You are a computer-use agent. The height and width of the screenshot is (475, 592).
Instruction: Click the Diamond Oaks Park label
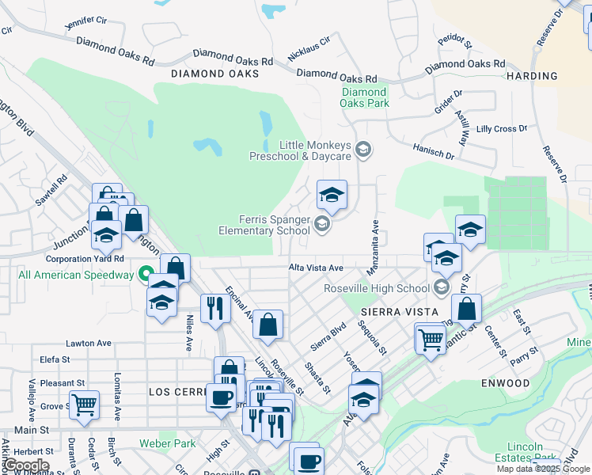click(x=365, y=97)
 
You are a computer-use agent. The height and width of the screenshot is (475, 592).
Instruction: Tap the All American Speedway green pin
click(x=146, y=275)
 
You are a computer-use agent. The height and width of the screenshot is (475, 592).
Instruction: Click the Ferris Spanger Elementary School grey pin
click(x=322, y=225)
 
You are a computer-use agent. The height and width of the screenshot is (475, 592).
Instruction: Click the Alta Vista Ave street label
click(x=315, y=268)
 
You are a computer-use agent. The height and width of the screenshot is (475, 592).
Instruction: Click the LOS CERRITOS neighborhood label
click(x=176, y=392)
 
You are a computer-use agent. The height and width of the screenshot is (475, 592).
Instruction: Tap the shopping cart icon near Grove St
click(x=84, y=405)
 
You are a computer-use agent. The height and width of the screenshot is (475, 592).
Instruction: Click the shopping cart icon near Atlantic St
click(x=431, y=340)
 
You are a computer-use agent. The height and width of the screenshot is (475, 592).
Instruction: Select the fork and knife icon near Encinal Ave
click(x=214, y=308)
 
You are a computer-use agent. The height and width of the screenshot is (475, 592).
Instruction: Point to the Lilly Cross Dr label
click(x=502, y=128)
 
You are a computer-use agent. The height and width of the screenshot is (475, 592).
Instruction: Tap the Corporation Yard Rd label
click(x=85, y=259)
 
